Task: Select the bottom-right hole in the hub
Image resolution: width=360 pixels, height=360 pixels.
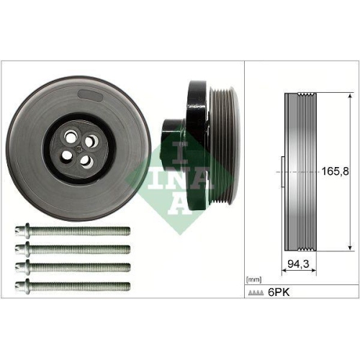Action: [88, 162]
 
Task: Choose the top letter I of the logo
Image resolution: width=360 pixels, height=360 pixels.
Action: [173, 150]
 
